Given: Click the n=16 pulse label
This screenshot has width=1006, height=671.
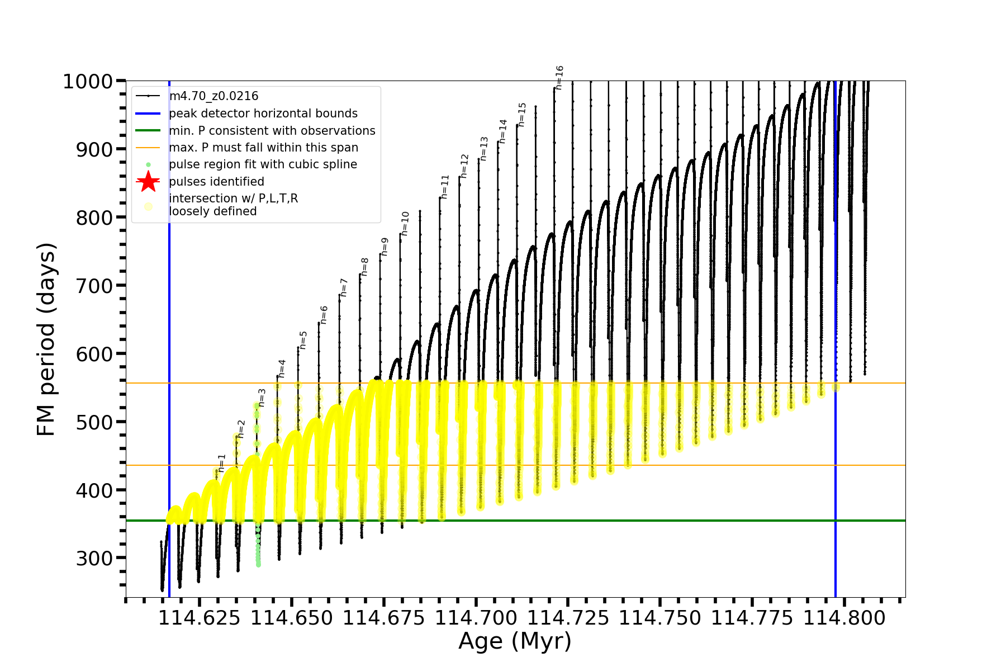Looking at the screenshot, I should pos(559,78).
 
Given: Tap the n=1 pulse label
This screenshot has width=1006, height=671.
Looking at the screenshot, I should pos(222,463).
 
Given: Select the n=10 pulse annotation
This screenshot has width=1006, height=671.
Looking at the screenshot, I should pos(405,224).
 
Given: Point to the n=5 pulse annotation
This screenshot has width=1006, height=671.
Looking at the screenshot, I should pos(303,340).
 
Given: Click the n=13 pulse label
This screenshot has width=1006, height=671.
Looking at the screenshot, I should pos(484,149).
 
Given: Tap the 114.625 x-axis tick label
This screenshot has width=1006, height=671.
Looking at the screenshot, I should pos(200,618).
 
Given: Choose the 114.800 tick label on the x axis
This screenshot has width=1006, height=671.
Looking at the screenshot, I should pos(844,618).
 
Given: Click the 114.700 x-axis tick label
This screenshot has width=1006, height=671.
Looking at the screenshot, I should pos(476,618).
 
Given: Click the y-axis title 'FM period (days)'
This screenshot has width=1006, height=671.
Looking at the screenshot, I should pos(46,339).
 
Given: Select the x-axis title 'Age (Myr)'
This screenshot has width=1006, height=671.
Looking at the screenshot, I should pos(515,641).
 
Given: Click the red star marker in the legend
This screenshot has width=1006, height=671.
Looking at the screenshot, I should pos(148,181).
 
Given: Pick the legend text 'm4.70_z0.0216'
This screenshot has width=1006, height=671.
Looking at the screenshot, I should pos(213,96).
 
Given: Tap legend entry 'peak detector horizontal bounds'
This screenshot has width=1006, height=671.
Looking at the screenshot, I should pos(263,114).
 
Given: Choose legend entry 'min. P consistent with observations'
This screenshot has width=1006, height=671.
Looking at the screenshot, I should pos(272,130).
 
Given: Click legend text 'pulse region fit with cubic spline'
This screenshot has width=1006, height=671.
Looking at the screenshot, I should pos(263,164).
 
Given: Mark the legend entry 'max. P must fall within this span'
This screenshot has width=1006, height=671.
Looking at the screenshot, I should pos(263,148).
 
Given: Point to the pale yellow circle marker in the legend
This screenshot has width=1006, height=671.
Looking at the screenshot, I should pos(148,206).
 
